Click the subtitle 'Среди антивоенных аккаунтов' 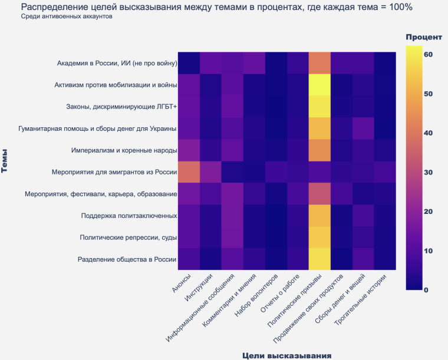tap(66, 16)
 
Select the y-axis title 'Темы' tap(6, 160)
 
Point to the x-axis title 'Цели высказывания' tap(286, 355)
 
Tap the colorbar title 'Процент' tap(427, 37)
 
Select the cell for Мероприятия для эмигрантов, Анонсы tap(189, 172)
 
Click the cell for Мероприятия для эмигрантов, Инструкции tap(211, 172)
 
